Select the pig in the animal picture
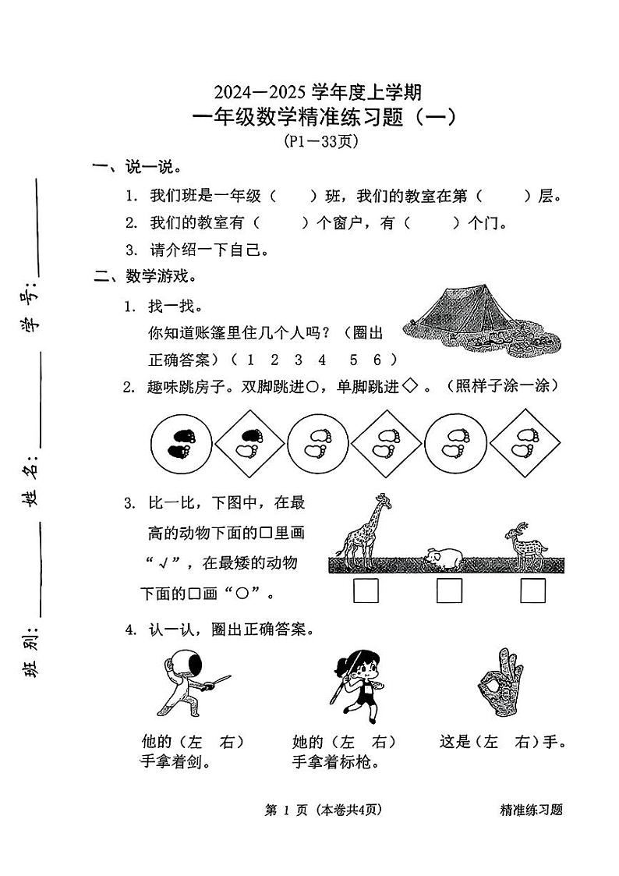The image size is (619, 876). tap(442, 557)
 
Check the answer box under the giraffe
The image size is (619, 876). tap(366, 591)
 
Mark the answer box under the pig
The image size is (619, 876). tap(449, 591)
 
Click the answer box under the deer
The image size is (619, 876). tap(533, 591)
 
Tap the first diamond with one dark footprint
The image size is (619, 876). tap(249, 445)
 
